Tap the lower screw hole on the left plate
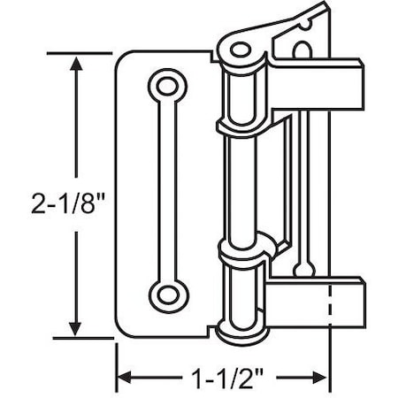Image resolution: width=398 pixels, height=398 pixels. click(165, 294)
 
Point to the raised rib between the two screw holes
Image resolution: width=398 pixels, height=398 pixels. click(165, 190)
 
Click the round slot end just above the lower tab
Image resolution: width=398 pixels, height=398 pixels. click(303, 266)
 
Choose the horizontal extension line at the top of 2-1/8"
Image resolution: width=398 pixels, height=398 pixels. click(88, 53)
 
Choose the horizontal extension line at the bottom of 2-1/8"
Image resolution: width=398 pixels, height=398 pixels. click(88, 338)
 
